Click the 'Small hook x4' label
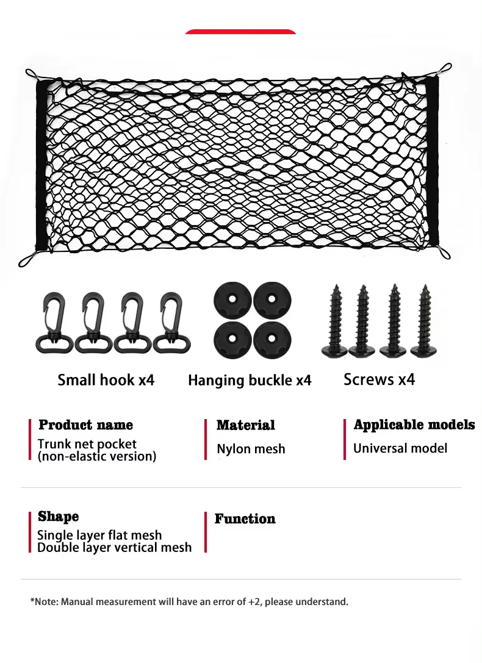coord(106,381)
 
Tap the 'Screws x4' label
coord(379,379)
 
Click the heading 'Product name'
coord(85,425)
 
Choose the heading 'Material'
coord(246,425)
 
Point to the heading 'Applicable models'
coord(414,425)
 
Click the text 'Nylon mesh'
coord(251,450)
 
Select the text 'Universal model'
coord(400,449)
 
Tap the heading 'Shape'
coord(59,517)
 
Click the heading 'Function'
coord(245,519)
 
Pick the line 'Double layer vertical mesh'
coord(115,548)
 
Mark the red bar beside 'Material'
coord(206,439)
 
